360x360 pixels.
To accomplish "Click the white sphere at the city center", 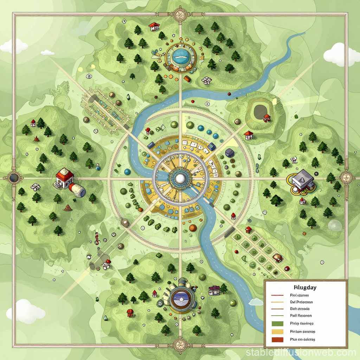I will point(180,179).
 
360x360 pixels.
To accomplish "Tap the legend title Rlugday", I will point(304,288).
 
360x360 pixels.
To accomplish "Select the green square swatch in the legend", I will point(278,323).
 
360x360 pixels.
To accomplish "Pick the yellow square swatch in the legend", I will point(278,332).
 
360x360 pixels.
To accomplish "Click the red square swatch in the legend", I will point(278,340).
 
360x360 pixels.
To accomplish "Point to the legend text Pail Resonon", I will point(301,315).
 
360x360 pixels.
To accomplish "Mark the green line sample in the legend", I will point(278,315).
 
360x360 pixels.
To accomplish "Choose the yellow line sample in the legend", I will point(278,302).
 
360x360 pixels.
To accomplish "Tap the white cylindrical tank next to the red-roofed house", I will point(78,190).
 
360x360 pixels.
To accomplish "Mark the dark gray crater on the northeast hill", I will point(261,111).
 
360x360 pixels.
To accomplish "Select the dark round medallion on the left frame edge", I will point(14,178).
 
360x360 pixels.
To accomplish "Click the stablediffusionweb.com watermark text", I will point(301,352).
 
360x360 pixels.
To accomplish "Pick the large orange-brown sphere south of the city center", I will point(193,228).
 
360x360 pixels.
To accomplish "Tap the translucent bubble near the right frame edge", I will point(334,225).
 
